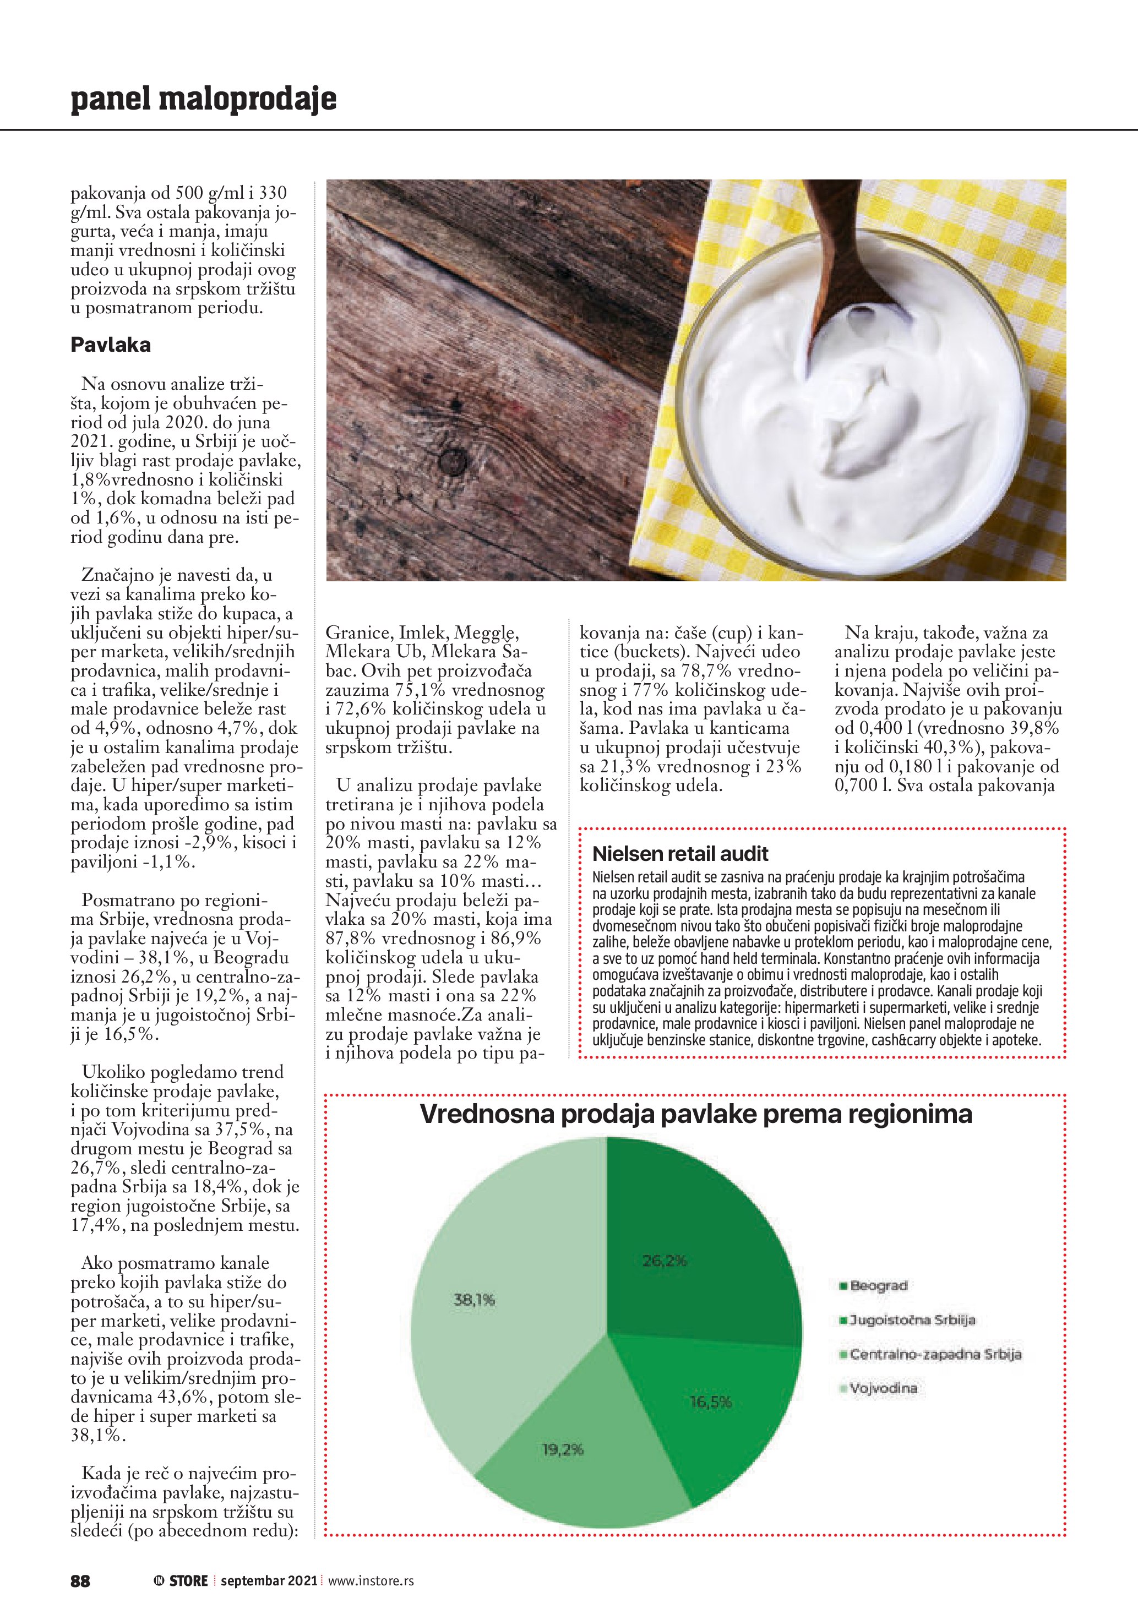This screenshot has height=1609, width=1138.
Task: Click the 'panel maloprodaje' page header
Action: [x=203, y=99]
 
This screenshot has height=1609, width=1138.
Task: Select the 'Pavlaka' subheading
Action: [x=111, y=345]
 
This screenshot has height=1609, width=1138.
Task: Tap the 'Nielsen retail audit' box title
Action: [x=680, y=854]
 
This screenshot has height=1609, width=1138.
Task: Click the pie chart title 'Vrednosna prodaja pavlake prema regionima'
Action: [x=695, y=1114]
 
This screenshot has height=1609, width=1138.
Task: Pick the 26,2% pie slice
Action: [x=694, y=1255]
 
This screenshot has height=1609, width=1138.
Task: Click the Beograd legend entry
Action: [x=879, y=1286]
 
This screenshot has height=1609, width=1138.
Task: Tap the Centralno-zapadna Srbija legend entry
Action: [x=935, y=1355]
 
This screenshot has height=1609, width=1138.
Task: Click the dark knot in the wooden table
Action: [x=453, y=461]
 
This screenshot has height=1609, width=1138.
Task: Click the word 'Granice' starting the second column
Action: [x=359, y=633]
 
